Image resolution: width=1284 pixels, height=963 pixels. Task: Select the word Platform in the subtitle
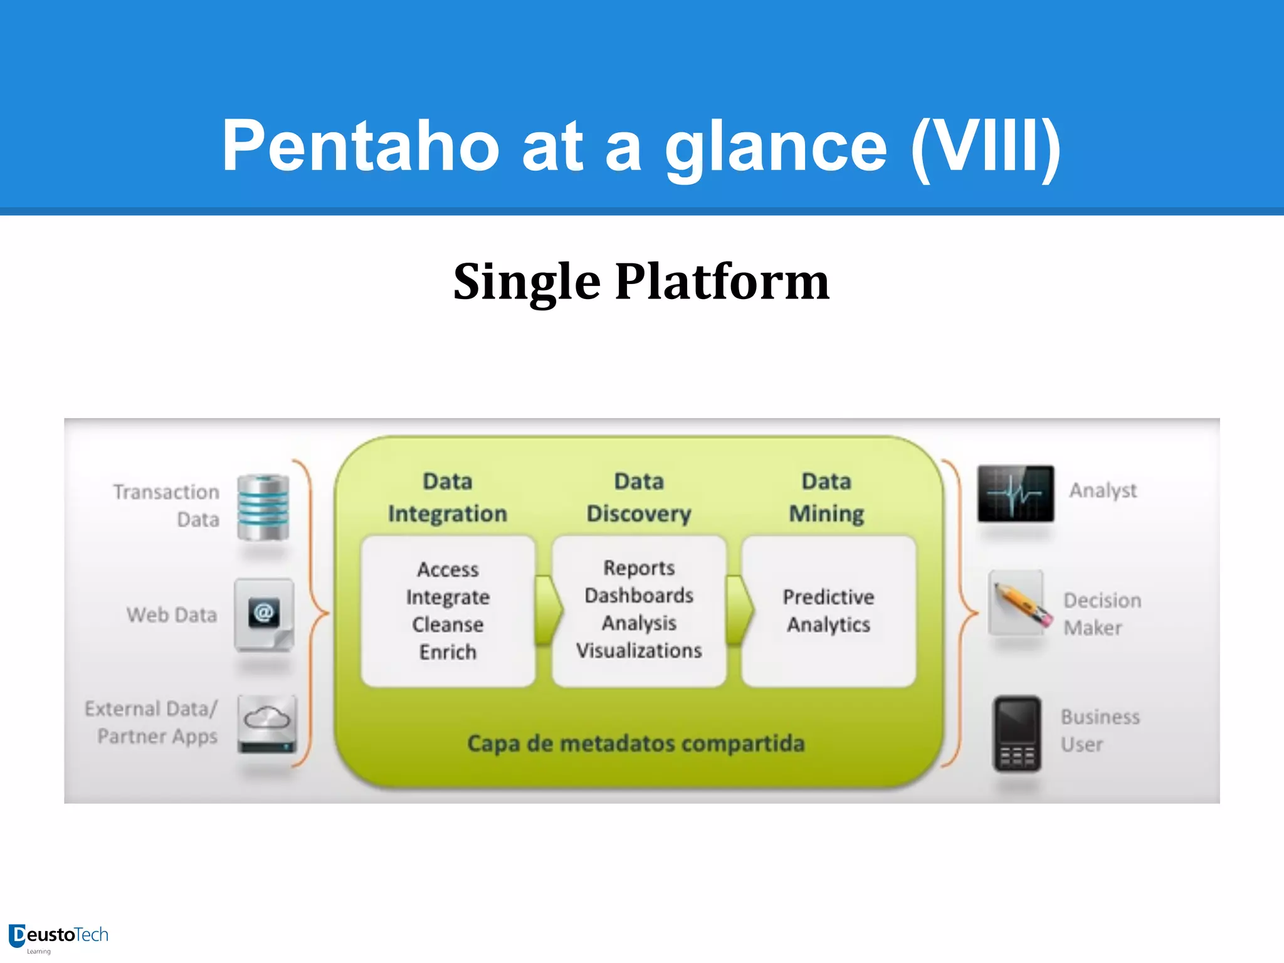[722, 282]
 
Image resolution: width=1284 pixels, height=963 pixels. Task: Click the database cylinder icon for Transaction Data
[263, 508]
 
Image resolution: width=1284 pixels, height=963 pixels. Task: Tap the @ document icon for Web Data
[264, 614]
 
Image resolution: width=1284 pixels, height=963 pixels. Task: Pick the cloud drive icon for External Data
[267, 724]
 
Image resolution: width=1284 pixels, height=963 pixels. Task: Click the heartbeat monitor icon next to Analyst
[1016, 493]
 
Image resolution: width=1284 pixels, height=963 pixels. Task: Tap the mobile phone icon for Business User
[1016, 734]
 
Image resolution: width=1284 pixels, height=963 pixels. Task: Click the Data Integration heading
[448, 498]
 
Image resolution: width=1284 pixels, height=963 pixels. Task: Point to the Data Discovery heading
[639, 498]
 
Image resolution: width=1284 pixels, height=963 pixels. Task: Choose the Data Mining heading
[826, 498]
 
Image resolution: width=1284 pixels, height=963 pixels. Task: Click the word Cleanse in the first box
[448, 624]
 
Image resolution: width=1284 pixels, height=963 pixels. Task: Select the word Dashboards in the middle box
[639, 596]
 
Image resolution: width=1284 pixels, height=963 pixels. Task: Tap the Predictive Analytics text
[828, 611]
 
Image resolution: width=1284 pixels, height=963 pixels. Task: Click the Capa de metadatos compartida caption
[636, 744]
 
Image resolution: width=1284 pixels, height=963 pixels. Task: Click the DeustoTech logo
[58, 937]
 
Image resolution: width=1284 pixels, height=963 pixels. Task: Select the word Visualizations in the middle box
[639, 651]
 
